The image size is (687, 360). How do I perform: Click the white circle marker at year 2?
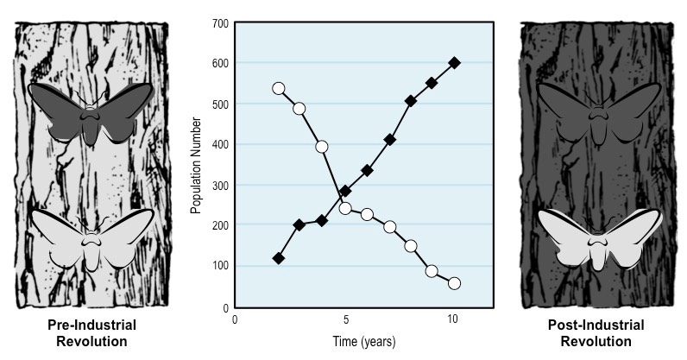click(278, 88)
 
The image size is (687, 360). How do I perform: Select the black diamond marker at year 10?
click(455, 62)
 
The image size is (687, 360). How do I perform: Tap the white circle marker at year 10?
click(455, 283)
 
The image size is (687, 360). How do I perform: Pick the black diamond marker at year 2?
click(278, 258)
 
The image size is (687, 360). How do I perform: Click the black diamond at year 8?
click(411, 101)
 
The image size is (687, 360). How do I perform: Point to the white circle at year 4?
click(322, 147)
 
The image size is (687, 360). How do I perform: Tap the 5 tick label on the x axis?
click(345, 319)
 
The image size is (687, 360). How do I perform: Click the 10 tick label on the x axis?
click(455, 319)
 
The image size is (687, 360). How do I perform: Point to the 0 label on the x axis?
click(234, 319)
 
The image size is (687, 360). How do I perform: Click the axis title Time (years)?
click(363, 341)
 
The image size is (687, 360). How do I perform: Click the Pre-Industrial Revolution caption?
click(89, 333)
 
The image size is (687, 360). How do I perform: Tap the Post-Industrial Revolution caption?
click(596, 333)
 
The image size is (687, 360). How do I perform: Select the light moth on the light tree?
click(90, 237)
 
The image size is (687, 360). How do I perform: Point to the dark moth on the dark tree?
click(598, 111)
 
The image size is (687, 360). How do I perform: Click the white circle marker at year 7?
click(389, 227)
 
